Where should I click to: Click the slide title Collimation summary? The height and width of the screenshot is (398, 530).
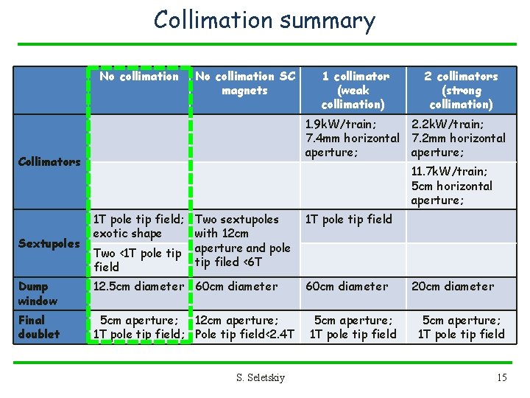tap(264, 20)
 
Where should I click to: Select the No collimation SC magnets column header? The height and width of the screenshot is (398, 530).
tap(245, 83)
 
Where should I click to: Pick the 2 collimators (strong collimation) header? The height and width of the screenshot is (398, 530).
tap(461, 90)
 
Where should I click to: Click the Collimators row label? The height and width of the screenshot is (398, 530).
tap(49, 161)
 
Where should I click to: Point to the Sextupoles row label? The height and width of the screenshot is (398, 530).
tap(49, 243)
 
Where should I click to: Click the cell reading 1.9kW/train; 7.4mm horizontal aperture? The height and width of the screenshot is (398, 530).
tap(352, 138)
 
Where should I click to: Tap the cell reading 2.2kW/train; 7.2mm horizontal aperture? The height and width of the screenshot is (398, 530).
tap(458, 138)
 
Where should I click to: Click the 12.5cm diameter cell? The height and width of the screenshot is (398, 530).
tap(138, 287)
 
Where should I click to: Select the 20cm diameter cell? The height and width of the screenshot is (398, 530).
tap(452, 287)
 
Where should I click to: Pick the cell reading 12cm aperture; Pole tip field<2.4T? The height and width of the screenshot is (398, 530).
tap(244, 327)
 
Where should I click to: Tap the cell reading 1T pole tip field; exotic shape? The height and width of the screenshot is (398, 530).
tap(138, 226)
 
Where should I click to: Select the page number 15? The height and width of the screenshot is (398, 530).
tap(501, 378)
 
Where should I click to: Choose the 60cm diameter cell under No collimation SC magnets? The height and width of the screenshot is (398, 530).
tap(236, 287)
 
